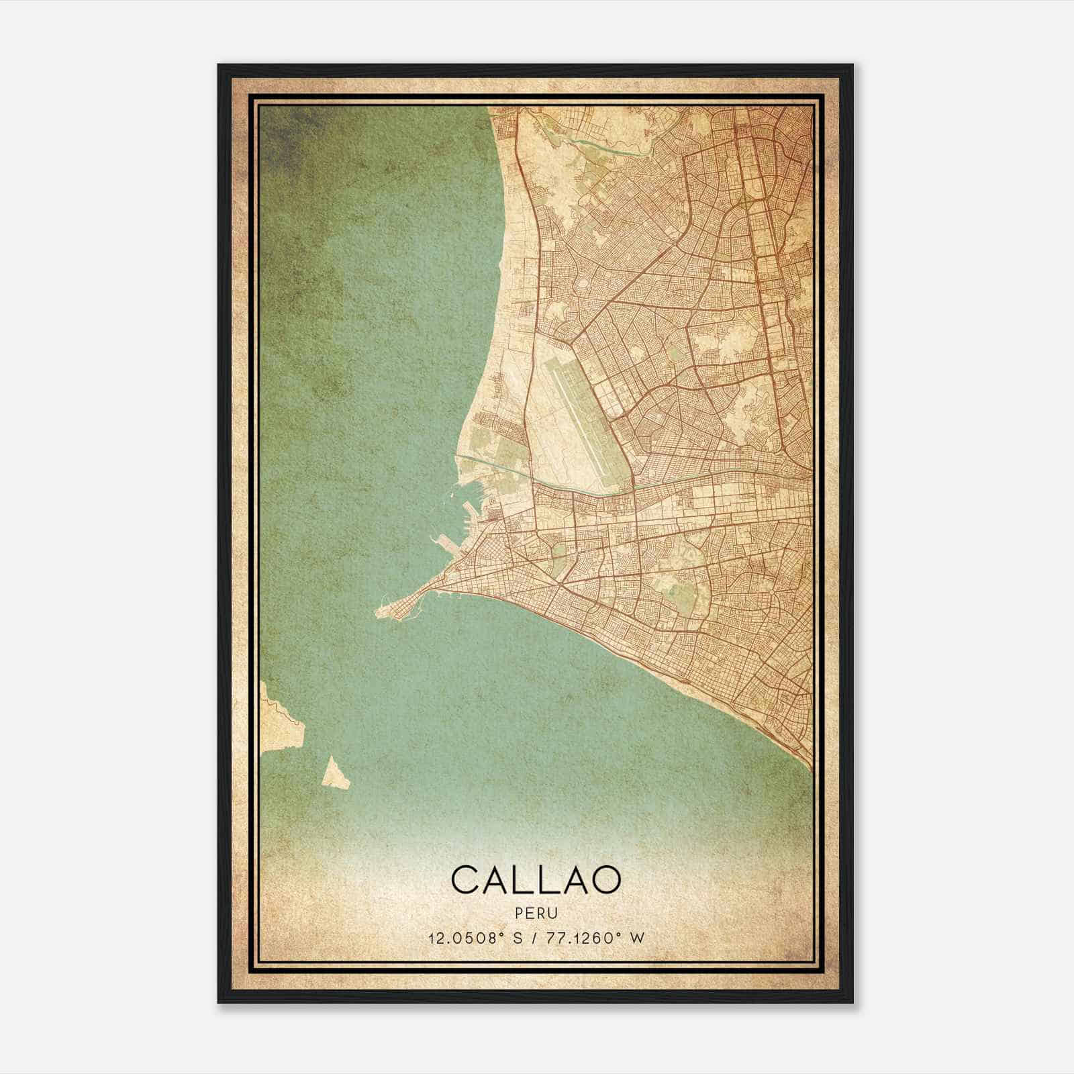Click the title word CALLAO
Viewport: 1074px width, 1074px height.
coord(536,879)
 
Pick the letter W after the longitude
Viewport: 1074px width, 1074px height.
coord(637,938)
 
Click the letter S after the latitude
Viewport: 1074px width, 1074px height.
coord(516,938)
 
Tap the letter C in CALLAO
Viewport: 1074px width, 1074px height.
coord(466,879)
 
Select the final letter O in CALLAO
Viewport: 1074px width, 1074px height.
coord(605,879)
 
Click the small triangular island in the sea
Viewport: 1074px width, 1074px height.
coord(336,773)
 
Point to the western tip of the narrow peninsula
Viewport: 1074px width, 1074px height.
coord(377,612)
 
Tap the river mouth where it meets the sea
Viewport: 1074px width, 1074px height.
coord(458,456)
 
